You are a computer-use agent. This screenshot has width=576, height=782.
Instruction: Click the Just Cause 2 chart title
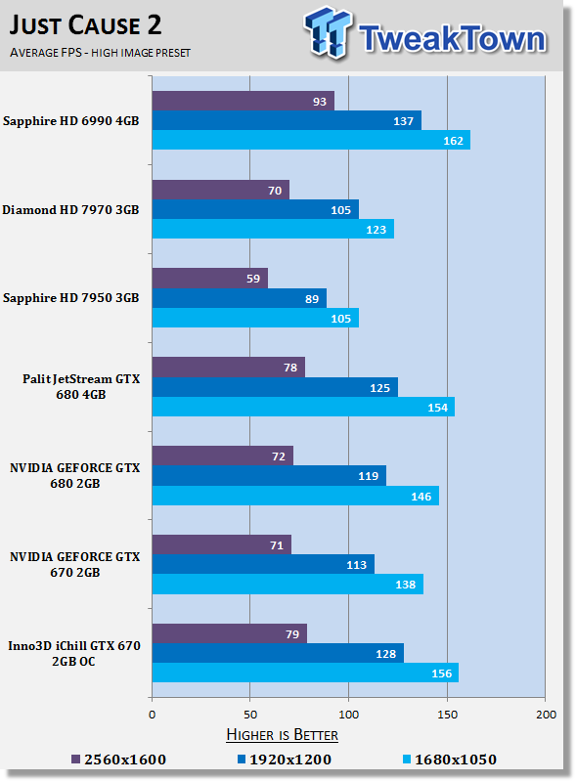point(85,25)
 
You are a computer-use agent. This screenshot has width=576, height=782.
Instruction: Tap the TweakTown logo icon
point(328,32)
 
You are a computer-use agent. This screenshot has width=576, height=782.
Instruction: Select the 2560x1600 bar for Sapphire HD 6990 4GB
point(244,101)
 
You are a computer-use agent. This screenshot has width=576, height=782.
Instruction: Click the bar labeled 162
point(311,140)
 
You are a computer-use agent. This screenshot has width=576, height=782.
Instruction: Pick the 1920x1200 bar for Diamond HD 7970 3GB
point(255,209)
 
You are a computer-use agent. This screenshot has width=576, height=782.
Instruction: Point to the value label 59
point(253,279)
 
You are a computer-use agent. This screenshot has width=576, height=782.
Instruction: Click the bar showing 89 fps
point(239,298)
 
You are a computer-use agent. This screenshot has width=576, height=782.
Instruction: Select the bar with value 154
point(303,407)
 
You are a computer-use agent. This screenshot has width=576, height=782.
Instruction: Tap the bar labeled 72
point(223,456)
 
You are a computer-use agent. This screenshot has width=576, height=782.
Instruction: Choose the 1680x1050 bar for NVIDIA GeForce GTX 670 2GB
point(288,584)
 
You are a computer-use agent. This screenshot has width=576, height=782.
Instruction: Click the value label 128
point(386,654)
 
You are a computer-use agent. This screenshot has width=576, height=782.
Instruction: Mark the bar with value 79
point(230,633)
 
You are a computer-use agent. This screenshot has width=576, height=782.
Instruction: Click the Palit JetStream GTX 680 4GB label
point(81,386)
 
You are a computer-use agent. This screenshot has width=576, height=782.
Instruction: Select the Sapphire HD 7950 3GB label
point(70,298)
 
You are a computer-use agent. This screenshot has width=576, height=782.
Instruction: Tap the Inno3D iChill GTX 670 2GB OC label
point(74,653)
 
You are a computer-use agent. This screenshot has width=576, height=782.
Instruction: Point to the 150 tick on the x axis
point(447,715)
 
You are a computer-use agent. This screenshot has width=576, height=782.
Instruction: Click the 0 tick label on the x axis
point(153,715)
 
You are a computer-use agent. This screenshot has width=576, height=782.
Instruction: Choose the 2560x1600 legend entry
point(118,760)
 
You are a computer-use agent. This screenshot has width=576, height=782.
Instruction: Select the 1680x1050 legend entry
point(450,760)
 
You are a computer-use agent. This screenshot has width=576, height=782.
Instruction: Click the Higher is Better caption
point(282,735)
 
